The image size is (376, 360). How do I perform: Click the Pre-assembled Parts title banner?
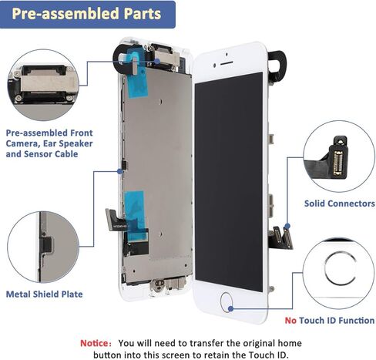(87, 14)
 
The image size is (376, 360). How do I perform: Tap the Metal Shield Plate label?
(44, 294)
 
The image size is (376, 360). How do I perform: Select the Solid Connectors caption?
(327, 204)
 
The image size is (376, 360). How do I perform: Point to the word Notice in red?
(96, 342)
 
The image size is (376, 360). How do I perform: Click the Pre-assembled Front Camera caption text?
(49, 143)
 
